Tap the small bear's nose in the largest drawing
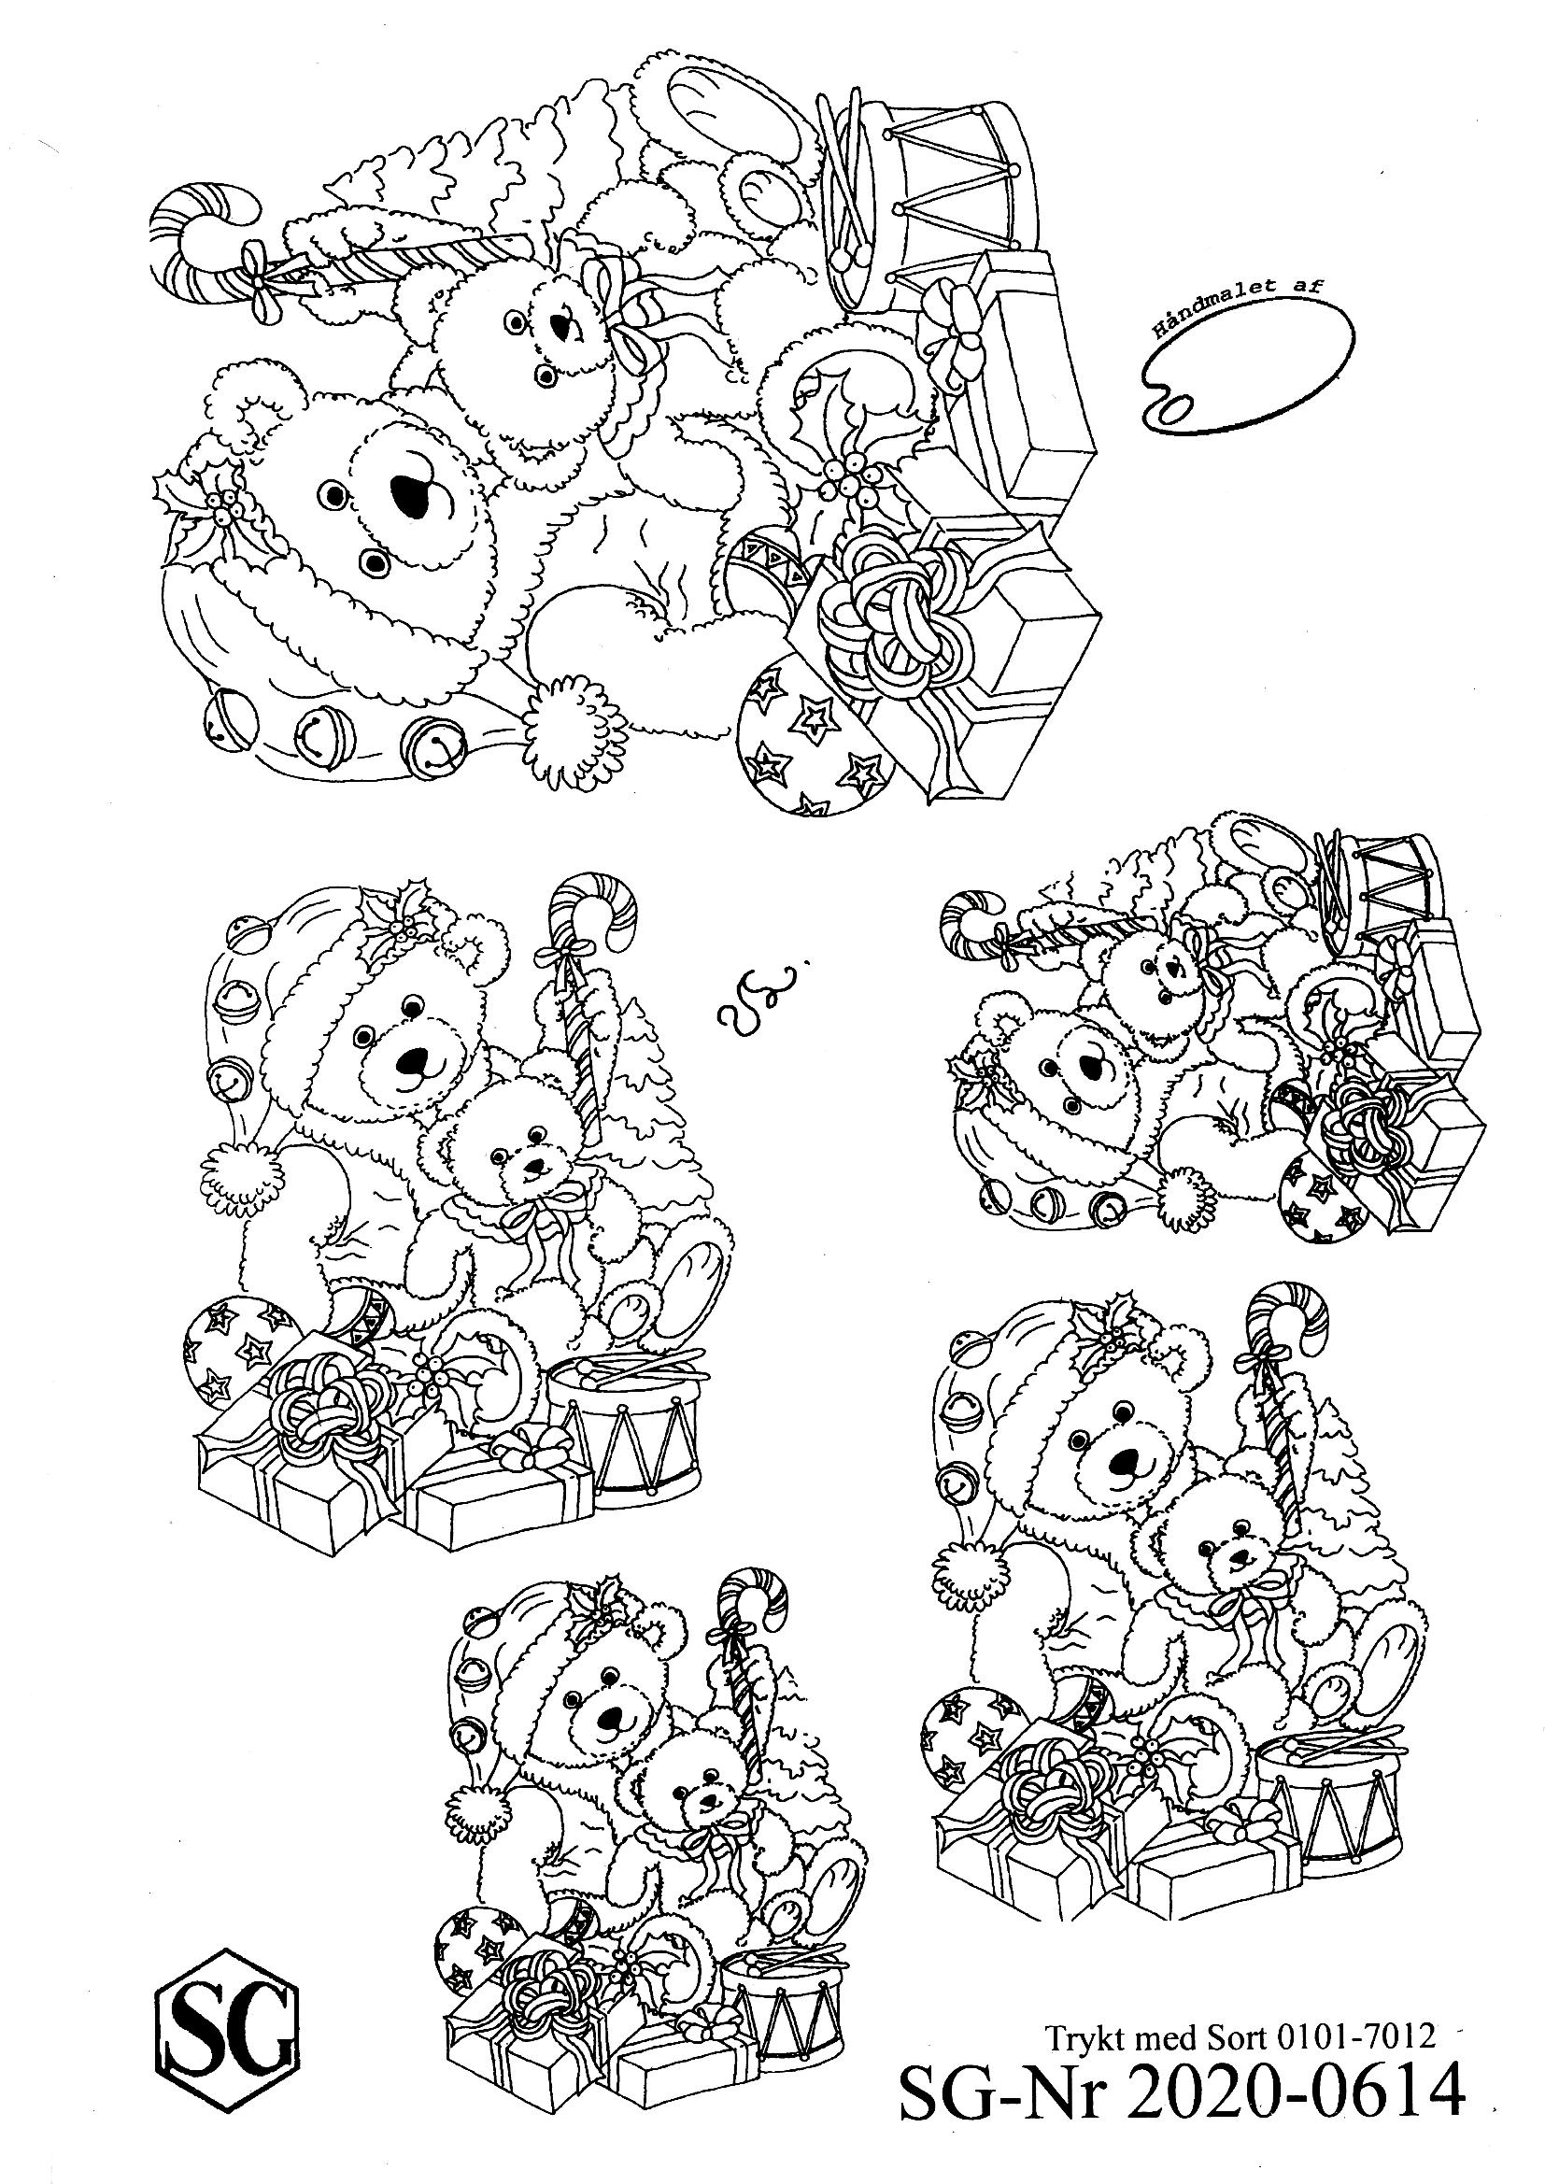(568, 327)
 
